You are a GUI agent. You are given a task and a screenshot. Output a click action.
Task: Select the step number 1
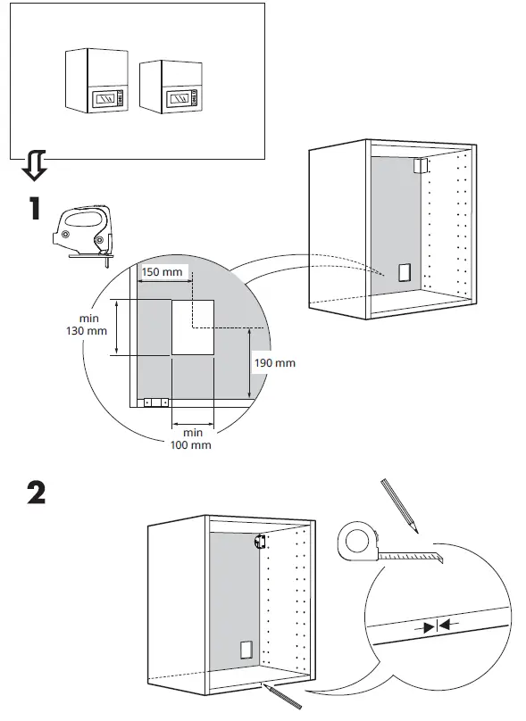pyautogui.click(x=34, y=210)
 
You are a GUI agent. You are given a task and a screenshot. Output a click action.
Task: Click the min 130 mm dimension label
pyautogui.click(x=91, y=325)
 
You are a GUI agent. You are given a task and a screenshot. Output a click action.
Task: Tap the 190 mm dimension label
pyautogui.click(x=273, y=363)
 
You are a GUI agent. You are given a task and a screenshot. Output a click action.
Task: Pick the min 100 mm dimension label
pyautogui.click(x=192, y=438)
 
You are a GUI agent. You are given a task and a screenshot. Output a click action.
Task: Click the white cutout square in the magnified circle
pyautogui.click(x=192, y=327)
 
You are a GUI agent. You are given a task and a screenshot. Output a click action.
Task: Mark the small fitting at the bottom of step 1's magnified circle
pyautogui.click(x=155, y=402)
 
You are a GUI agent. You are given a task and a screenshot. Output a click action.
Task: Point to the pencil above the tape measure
pyautogui.click(x=399, y=505)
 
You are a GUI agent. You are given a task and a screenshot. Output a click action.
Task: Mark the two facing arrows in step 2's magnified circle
pyautogui.click(x=438, y=626)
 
